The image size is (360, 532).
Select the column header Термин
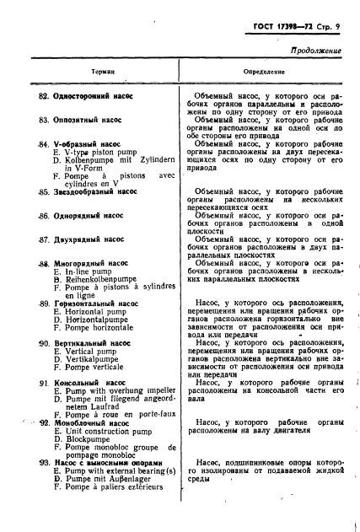[104, 73]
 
